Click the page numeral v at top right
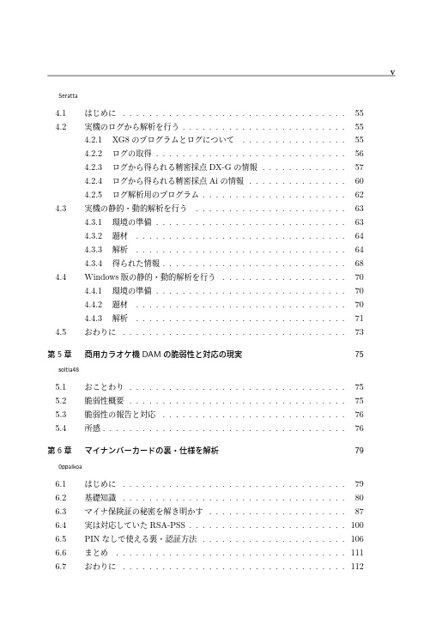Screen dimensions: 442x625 (391, 72)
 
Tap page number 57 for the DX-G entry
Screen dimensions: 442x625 (359, 167)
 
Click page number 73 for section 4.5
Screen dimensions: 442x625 (359, 331)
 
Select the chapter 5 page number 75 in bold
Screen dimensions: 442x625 (359, 354)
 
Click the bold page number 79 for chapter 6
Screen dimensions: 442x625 (359, 450)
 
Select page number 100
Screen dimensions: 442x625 (357, 524)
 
